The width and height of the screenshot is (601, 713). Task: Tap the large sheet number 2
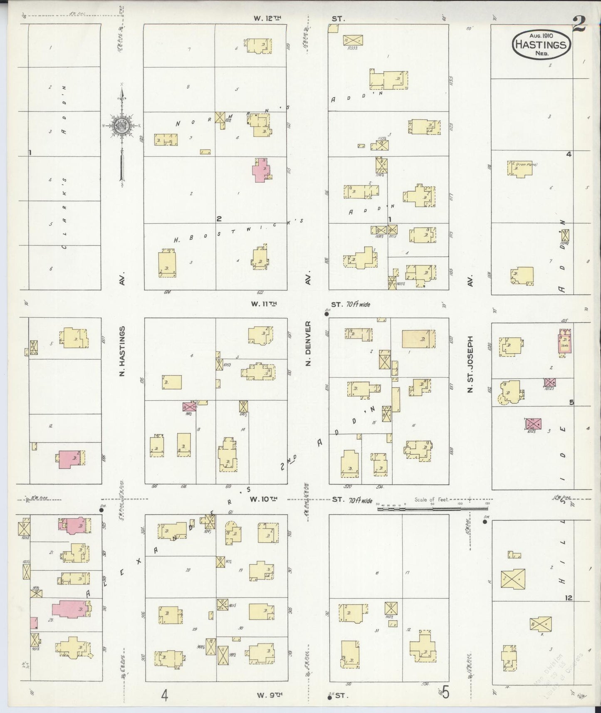pyautogui.click(x=579, y=24)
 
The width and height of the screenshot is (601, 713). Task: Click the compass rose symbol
pyautogui.click(x=121, y=124)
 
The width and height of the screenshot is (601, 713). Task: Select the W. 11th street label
pyautogui.click(x=264, y=304)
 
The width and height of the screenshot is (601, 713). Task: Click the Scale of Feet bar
pyautogui.click(x=433, y=507)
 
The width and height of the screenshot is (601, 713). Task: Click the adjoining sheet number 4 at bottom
pyautogui.click(x=165, y=695)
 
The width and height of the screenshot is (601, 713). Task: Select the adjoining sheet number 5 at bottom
pyautogui.click(x=445, y=693)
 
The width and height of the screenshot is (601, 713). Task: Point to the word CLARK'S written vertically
pyautogui.click(x=64, y=214)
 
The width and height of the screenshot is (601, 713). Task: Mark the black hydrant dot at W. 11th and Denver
pyautogui.click(x=326, y=314)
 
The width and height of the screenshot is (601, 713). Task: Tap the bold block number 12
pyautogui.click(x=569, y=598)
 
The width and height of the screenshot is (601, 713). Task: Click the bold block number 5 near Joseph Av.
pyautogui.click(x=571, y=402)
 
